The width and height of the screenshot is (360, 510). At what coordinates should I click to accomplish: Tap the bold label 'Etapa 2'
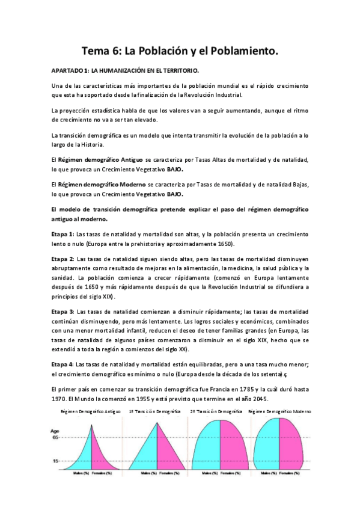coord(63,258)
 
